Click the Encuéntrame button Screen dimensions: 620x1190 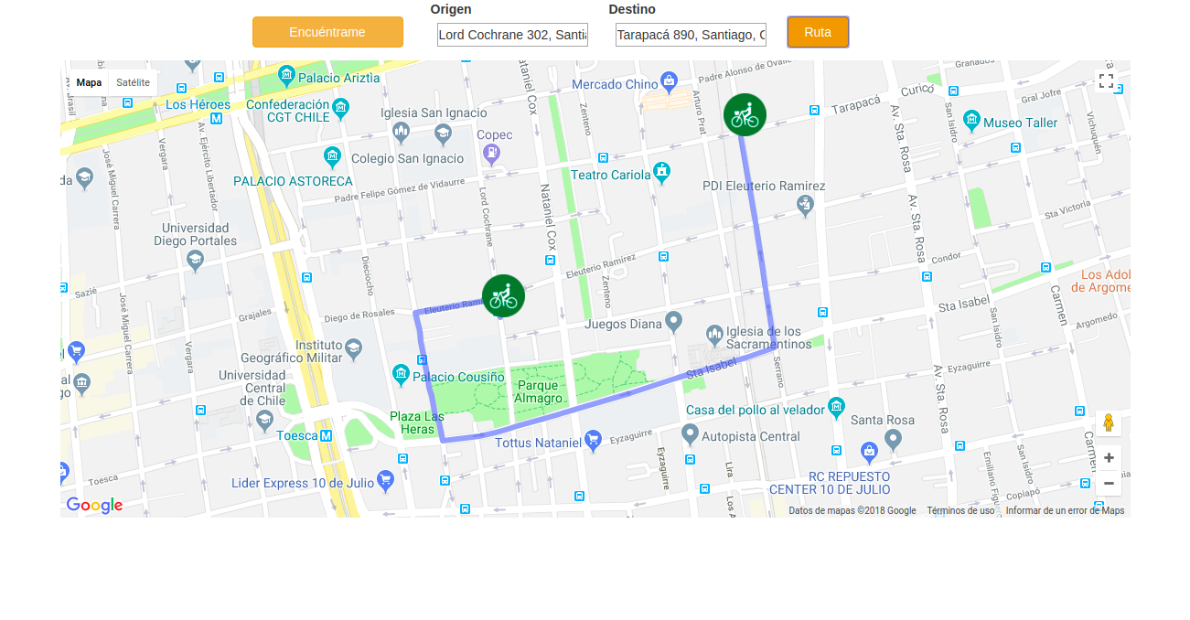coord(327,32)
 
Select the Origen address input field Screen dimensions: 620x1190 coord(512,35)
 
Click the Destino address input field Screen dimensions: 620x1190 coord(691,35)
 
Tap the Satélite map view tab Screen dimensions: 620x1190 coord(133,82)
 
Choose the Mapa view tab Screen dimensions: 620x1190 coord(89,82)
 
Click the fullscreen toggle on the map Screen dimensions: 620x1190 coord(1106,81)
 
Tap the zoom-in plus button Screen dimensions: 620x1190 coord(1109,457)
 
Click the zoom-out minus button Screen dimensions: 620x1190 coord(1109,483)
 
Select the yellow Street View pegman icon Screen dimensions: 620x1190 coord(1109,423)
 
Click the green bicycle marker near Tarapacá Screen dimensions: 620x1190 coord(745,115)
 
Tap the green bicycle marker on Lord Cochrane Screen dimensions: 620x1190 coord(503,296)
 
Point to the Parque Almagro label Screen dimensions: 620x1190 coord(538,392)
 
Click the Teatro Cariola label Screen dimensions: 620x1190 coord(610,175)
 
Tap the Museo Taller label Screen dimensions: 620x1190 coord(1020,123)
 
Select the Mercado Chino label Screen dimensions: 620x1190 coord(615,84)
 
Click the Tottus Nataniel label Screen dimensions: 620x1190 coord(538,443)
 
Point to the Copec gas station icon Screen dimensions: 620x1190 coord(492,152)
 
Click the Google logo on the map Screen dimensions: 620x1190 coord(94,505)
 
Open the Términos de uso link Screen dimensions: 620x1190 coord(960,511)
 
